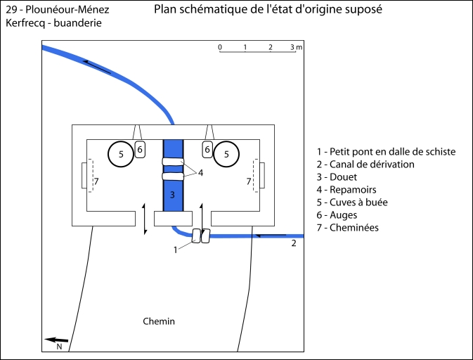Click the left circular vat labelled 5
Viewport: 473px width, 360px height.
pyautogui.click(x=120, y=154)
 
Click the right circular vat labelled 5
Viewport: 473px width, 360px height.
pyautogui.click(x=226, y=154)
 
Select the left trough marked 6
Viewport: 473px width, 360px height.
pyautogui.click(x=140, y=149)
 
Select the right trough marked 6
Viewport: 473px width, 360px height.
pyautogui.click(x=207, y=149)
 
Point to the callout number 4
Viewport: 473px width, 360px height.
pyautogui.click(x=201, y=172)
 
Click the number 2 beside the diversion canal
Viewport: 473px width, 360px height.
pyautogui.click(x=293, y=243)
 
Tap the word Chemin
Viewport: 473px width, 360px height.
pyautogui.click(x=158, y=321)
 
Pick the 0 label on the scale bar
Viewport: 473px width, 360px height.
pyautogui.click(x=220, y=47)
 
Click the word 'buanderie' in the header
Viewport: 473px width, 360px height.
pyautogui.click(x=76, y=23)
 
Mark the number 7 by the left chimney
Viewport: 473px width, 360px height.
pyautogui.click(x=96, y=181)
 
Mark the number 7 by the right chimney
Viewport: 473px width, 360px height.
pyautogui.click(x=248, y=181)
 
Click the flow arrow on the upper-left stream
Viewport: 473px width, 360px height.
pyautogui.click(x=97, y=67)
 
